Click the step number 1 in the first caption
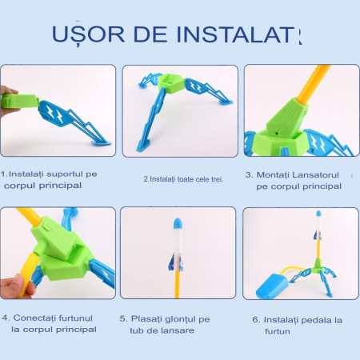(5, 174)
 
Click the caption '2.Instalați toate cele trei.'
(183, 179)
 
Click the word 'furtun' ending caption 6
(278, 331)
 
